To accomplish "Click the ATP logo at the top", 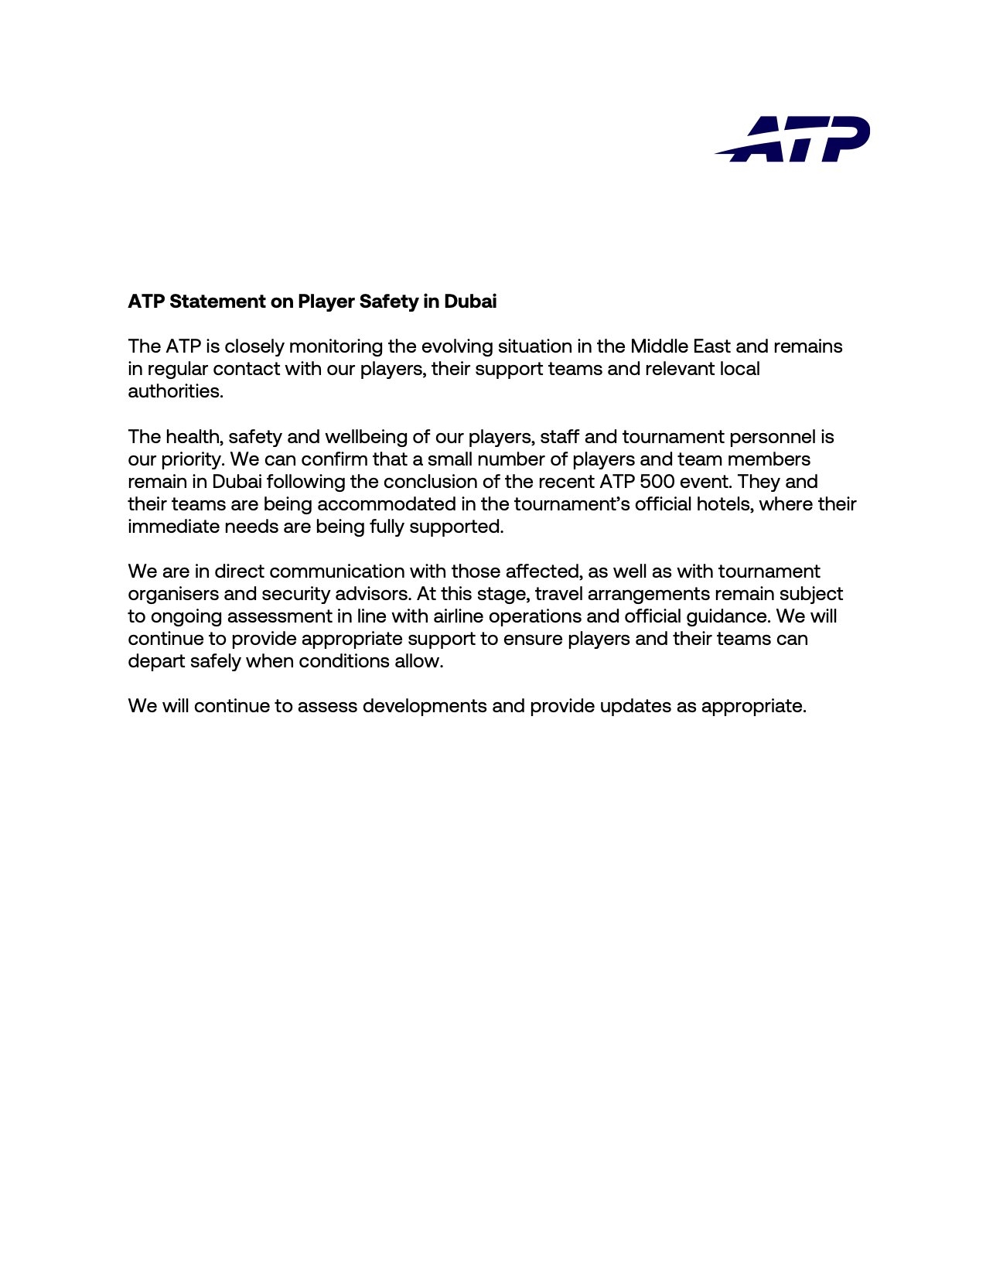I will point(792,139).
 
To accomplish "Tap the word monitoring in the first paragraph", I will point(336,346).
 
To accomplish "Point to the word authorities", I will point(175,391).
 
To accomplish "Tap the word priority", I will point(192,459).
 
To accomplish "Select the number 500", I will point(657,482).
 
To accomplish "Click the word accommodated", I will point(387,504).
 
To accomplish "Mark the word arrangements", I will point(648,594).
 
